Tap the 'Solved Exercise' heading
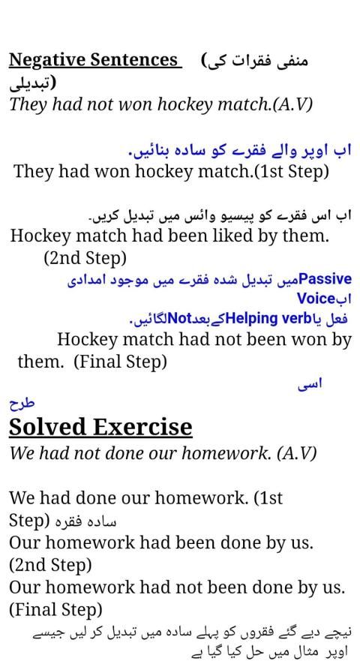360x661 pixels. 100,427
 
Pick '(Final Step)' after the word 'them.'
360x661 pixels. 120,362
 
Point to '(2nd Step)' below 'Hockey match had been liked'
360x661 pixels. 85,258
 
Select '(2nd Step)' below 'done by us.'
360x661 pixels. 50,563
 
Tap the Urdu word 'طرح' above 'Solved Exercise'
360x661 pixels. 22,403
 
